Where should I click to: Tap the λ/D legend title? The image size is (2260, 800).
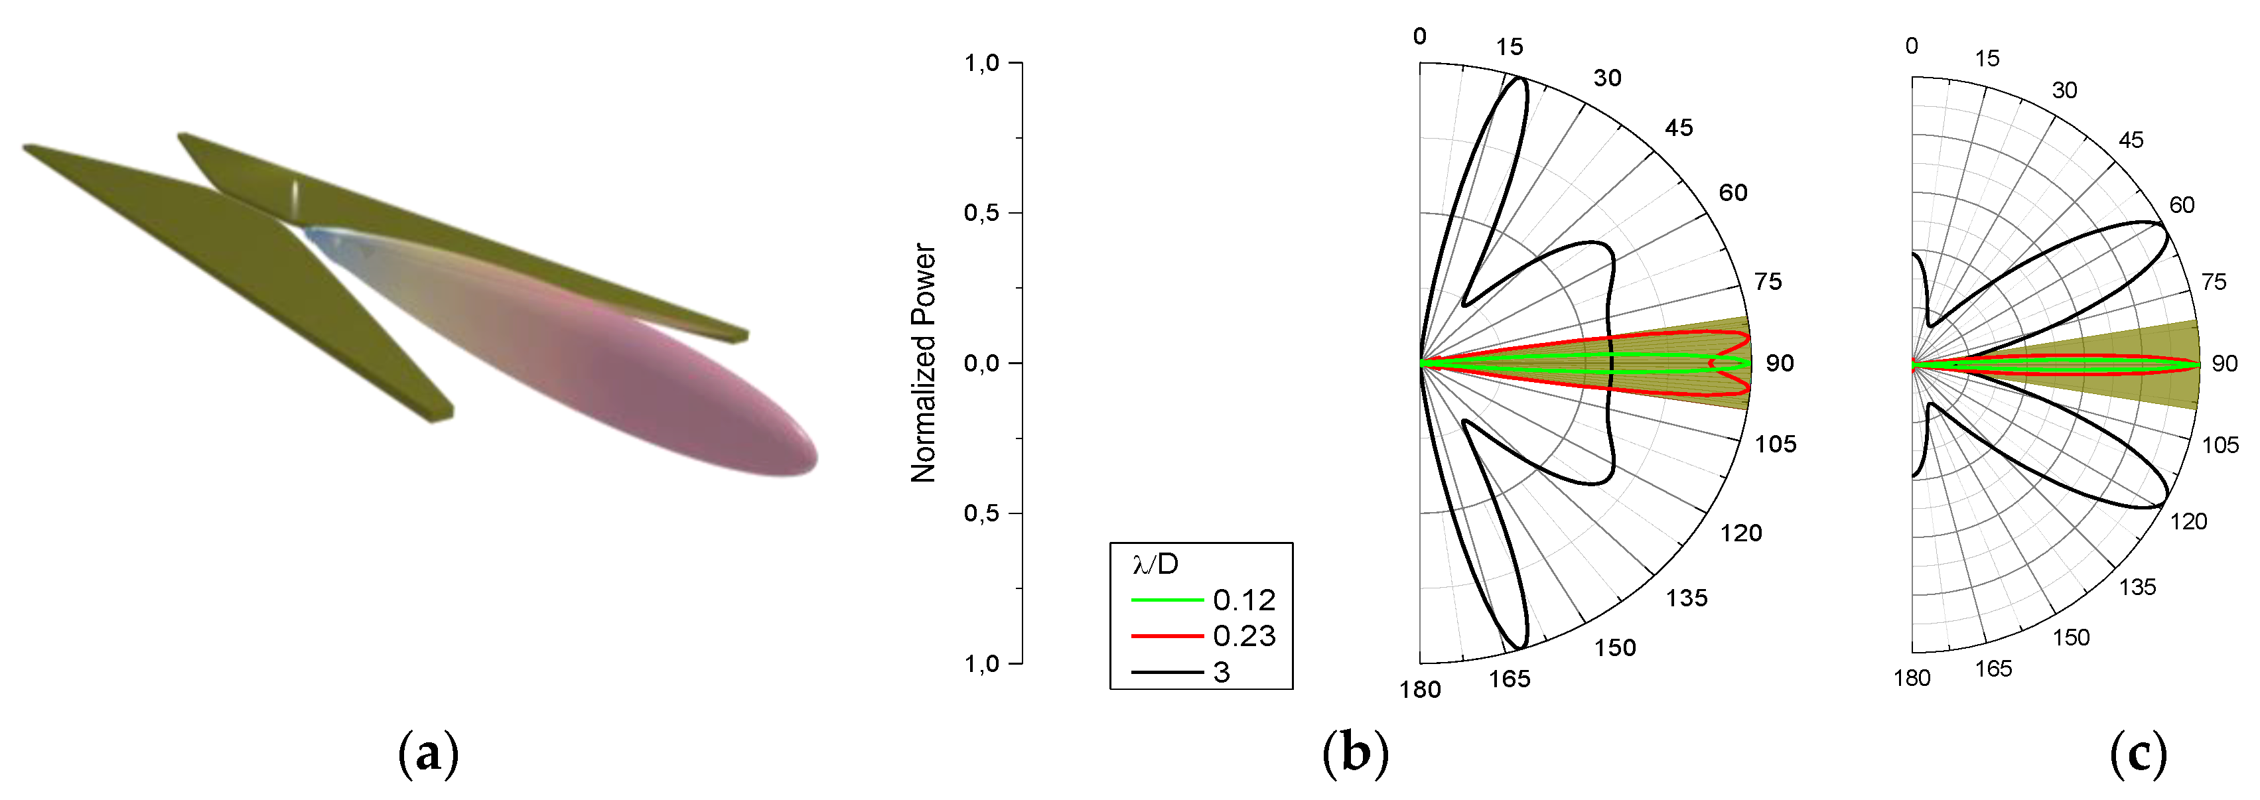pos(1155,564)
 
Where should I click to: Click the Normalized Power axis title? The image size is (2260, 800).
pos(924,362)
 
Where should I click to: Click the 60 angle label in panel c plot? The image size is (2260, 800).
pos(2182,205)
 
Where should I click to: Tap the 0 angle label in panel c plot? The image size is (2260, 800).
pos(1912,46)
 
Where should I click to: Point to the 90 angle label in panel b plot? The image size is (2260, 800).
pos(1779,363)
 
